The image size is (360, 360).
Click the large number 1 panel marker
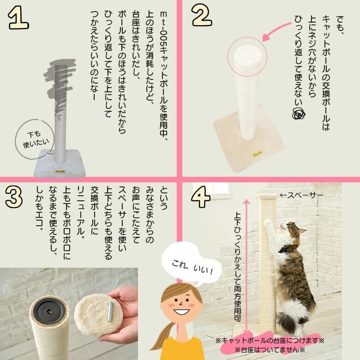(18, 18)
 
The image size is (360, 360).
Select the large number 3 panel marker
(14, 197)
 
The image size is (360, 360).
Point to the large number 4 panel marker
(201, 197)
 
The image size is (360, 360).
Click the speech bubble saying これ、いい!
(192, 266)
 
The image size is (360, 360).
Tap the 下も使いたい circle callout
(35, 139)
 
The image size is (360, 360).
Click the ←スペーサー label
(301, 195)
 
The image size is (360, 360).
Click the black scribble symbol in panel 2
(299, 113)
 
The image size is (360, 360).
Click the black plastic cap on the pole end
(48, 311)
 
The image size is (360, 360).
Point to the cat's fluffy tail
(287, 319)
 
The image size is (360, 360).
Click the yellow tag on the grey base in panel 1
(60, 171)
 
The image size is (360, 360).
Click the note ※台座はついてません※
(270, 350)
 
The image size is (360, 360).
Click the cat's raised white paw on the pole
(268, 222)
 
